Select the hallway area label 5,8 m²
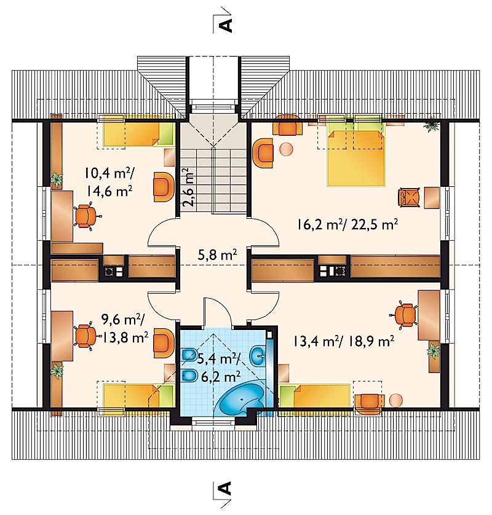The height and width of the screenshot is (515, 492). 217,255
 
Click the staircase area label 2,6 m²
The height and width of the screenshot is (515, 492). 188,187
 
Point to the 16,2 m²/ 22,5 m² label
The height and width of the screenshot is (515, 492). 347,225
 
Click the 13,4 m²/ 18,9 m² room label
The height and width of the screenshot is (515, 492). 344,342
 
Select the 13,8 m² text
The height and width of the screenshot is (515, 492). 125,337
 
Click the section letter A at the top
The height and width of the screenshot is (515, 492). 226,25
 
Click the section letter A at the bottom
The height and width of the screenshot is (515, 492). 225,489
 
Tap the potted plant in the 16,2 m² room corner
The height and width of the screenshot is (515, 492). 431,125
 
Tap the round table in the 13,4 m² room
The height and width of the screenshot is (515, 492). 395,400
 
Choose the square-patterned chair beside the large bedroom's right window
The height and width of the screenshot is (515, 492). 409,197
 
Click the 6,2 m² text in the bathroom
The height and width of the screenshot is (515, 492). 221,376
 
